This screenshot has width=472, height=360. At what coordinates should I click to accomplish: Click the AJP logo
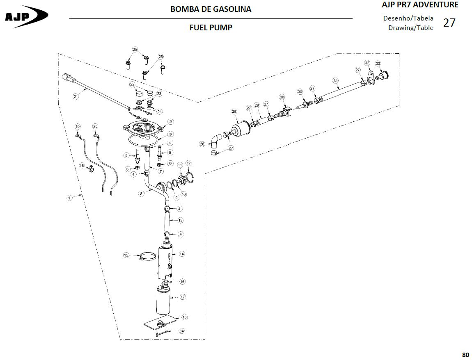pyautogui.click(x=26, y=16)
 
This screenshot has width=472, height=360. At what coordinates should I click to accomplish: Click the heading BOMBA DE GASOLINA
pyautogui.click(x=211, y=9)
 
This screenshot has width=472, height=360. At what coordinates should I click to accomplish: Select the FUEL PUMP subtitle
pyautogui.click(x=211, y=27)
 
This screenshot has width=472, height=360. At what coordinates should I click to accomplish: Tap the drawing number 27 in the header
pyautogui.click(x=449, y=23)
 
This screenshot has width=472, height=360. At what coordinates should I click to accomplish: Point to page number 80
pyautogui.click(x=465, y=354)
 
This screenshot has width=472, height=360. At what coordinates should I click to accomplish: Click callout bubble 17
pyautogui.click(x=183, y=297)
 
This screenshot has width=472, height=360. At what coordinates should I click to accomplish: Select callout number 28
pyautogui.click(x=234, y=112)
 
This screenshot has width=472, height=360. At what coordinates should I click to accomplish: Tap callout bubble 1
pyautogui.click(x=69, y=198)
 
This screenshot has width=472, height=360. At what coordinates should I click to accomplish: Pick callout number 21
pyautogui.click(x=76, y=96)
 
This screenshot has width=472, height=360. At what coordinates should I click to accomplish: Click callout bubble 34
pyautogui.click(x=181, y=331)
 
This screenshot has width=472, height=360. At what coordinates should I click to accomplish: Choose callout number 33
pyautogui.click(x=378, y=64)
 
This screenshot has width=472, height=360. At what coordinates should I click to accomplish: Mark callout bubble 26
pyautogui.click(x=202, y=144)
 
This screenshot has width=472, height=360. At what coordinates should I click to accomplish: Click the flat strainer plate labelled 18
pyautogui.click(x=160, y=322)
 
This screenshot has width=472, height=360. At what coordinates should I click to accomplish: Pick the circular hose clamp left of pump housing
pyautogui.click(x=147, y=257)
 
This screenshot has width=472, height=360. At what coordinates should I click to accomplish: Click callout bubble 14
pyautogui.click(x=182, y=254)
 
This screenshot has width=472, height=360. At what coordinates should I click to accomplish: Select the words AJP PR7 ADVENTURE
pyautogui.click(x=420, y=5)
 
